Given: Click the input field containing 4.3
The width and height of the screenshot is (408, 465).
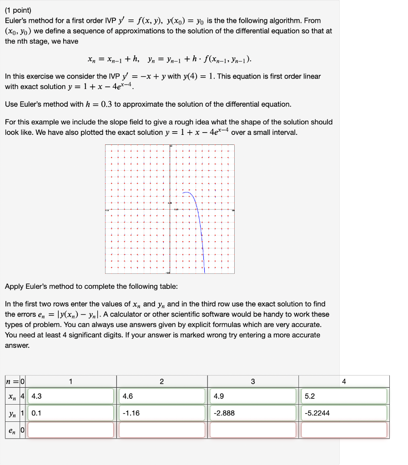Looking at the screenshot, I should pos(71,396).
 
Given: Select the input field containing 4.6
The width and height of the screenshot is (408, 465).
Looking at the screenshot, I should pos(162,396).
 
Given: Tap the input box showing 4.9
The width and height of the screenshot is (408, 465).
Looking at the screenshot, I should pos(253,396).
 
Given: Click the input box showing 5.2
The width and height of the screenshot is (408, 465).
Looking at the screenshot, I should pos(344,396).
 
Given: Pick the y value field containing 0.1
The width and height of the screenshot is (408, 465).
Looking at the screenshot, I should pos(71,413).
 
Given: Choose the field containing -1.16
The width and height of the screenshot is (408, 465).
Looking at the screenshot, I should pos(162,413).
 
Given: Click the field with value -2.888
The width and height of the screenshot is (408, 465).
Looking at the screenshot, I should pos(253,413).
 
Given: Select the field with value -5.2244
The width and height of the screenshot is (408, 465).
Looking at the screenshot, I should pos(344,413).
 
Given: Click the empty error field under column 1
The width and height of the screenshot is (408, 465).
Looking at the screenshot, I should pos(71,430).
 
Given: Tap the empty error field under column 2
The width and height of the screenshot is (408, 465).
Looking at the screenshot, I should pos(162,430).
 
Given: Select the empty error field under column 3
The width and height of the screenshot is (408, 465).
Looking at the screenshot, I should pos(253,430).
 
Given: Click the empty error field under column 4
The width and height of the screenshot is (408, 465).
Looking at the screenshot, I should pos(344,430).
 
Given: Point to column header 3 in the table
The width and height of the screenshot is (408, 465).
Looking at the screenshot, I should pos(253,381).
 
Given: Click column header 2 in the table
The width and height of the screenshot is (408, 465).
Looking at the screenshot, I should pos(162,381).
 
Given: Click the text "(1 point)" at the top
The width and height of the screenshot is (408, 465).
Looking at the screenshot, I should pos(18,10).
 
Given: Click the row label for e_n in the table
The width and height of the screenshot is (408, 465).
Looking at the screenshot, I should pos(11,430).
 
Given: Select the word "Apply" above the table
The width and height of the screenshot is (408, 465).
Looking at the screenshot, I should pos(15,287).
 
